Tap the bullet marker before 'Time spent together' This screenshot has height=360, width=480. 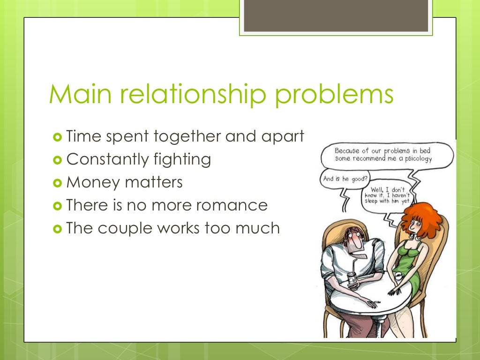(x=58, y=137)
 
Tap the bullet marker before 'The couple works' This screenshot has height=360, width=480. (x=58, y=228)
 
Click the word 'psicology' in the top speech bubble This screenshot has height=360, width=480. (x=414, y=158)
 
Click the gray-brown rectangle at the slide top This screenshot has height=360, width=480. (x=336, y=16)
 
